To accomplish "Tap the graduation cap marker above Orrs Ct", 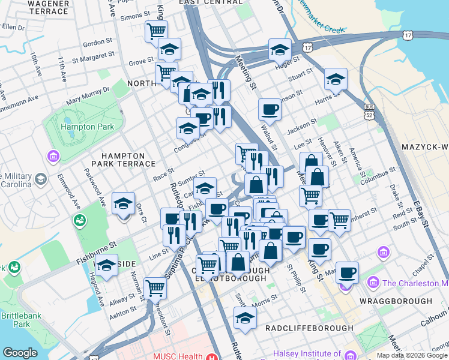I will point(124,204).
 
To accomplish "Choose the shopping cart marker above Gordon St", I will point(156,31).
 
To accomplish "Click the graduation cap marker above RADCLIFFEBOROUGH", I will point(245,319).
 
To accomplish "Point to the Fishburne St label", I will point(95,254).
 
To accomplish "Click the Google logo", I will point(20,353).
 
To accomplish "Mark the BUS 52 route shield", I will point(369,110).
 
